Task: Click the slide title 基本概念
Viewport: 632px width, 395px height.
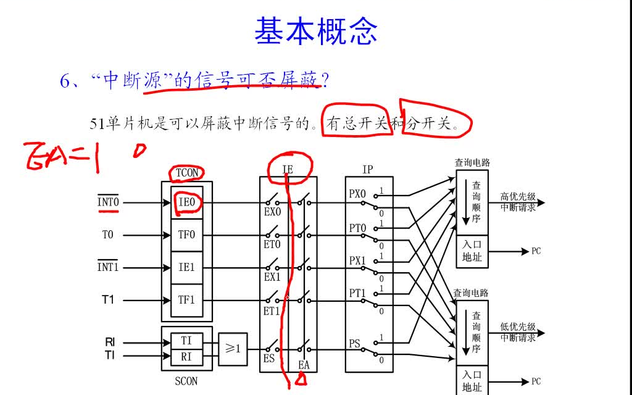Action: point(315,31)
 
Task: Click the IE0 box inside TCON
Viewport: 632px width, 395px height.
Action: point(186,202)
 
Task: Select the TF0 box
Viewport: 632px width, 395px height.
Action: point(186,235)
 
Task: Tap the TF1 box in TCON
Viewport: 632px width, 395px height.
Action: point(186,300)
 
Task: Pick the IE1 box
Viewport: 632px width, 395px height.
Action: point(186,267)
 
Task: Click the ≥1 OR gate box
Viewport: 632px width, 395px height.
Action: point(233,349)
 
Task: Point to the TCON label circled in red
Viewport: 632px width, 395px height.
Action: point(187,173)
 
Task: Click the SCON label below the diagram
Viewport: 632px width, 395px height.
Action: point(186,381)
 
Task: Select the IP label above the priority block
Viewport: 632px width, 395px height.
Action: point(367,170)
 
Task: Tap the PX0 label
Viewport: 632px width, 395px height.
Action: point(357,194)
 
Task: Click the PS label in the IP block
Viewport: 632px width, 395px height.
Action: point(355,344)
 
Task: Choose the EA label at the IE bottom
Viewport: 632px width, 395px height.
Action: point(304,365)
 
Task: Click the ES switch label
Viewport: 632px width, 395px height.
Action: point(270,359)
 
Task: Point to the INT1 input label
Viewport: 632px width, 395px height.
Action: point(108,267)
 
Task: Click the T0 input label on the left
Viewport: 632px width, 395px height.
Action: point(108,235)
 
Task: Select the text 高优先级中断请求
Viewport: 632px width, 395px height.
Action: point(518,203)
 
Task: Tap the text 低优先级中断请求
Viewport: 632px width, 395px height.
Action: point(518,332)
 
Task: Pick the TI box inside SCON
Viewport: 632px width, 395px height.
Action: point(186,341)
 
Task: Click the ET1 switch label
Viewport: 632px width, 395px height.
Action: point(272,311)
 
